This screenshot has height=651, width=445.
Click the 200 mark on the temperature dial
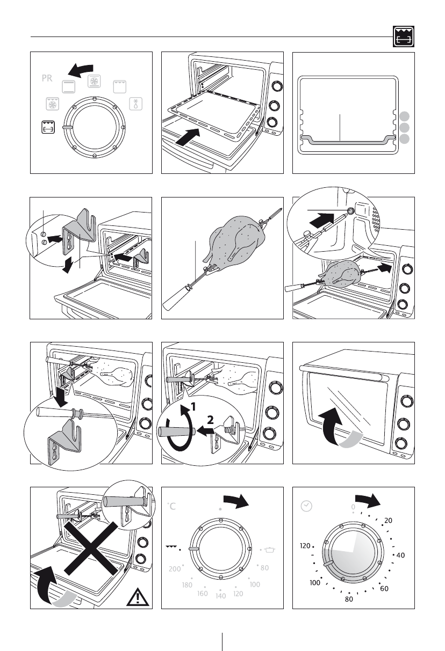click(174, 569)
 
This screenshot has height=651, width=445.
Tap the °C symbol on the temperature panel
click(171, 506)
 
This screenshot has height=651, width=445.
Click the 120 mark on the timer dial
click(305, 546)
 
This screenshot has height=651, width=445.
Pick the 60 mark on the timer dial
click(384, 589)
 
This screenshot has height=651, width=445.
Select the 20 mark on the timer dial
click(388, 521)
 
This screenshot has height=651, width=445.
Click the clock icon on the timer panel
click(306, 506)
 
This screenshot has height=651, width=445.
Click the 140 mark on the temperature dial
click(220, 596)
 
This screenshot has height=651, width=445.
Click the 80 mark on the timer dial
click(349, 599)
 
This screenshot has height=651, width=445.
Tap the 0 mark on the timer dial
click(353, 507)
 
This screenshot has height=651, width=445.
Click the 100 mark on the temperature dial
click(254, 584)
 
